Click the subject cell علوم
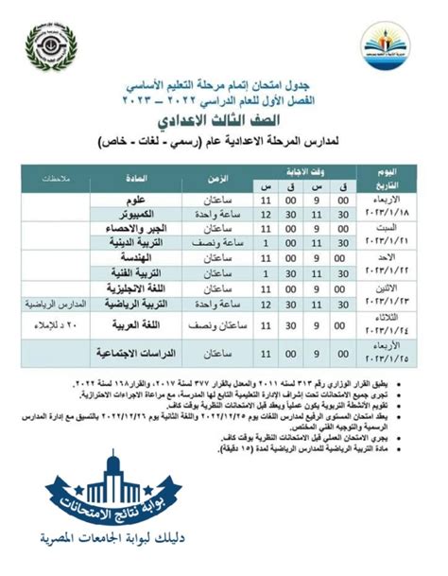pyautogui.click(x=137, y=202)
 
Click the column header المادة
pyautogui.click(x=137, y=180)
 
